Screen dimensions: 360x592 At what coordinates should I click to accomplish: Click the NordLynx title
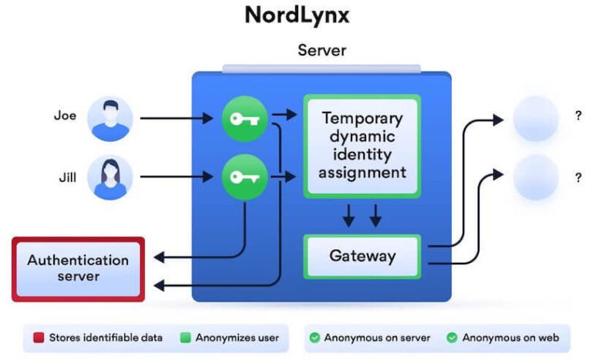pyautogui.click(x=297, y=15)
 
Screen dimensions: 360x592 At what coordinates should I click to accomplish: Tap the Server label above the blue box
pyautogui.click(x=321, y=51)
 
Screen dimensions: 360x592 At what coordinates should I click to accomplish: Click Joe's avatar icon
pyautogui.click(x=110, y=119)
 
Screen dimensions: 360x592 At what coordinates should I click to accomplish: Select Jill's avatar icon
pyautogui.click(x=110, y=177)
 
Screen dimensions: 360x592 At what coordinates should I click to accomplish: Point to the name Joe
pyautogui.click(x=65, y=116)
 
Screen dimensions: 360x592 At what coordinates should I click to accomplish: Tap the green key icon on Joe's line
pyautogui.click(x=244, y=119)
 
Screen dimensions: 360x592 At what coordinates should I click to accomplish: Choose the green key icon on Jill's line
pyautogui.click(x=244, y=177)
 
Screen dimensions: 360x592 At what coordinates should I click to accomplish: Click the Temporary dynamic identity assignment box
pyautogui.click(x=362, y=145)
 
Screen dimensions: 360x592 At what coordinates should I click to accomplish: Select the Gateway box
pyautogui.click(x=362, y=256)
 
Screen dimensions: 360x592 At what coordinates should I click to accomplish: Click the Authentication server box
pyautogui.click(x=78, y=267)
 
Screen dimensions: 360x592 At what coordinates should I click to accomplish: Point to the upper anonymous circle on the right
pyautogui.click(x=535, y=119)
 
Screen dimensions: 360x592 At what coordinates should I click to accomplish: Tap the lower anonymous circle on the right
pyautogui.click(x=535, y=177)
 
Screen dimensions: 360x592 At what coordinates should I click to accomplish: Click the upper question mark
pyautogui.click(x=577, y=116)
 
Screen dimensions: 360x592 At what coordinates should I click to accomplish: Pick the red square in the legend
pyautogui.click(x=38, y=338)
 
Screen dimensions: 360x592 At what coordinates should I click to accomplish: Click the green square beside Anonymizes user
pyautogui.click(x=185, y=338)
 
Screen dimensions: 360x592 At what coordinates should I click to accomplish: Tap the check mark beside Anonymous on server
pyautogui.click(x=314, y=338)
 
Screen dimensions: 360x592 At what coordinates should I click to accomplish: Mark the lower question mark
pyautogui.click(x=577, y=177)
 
